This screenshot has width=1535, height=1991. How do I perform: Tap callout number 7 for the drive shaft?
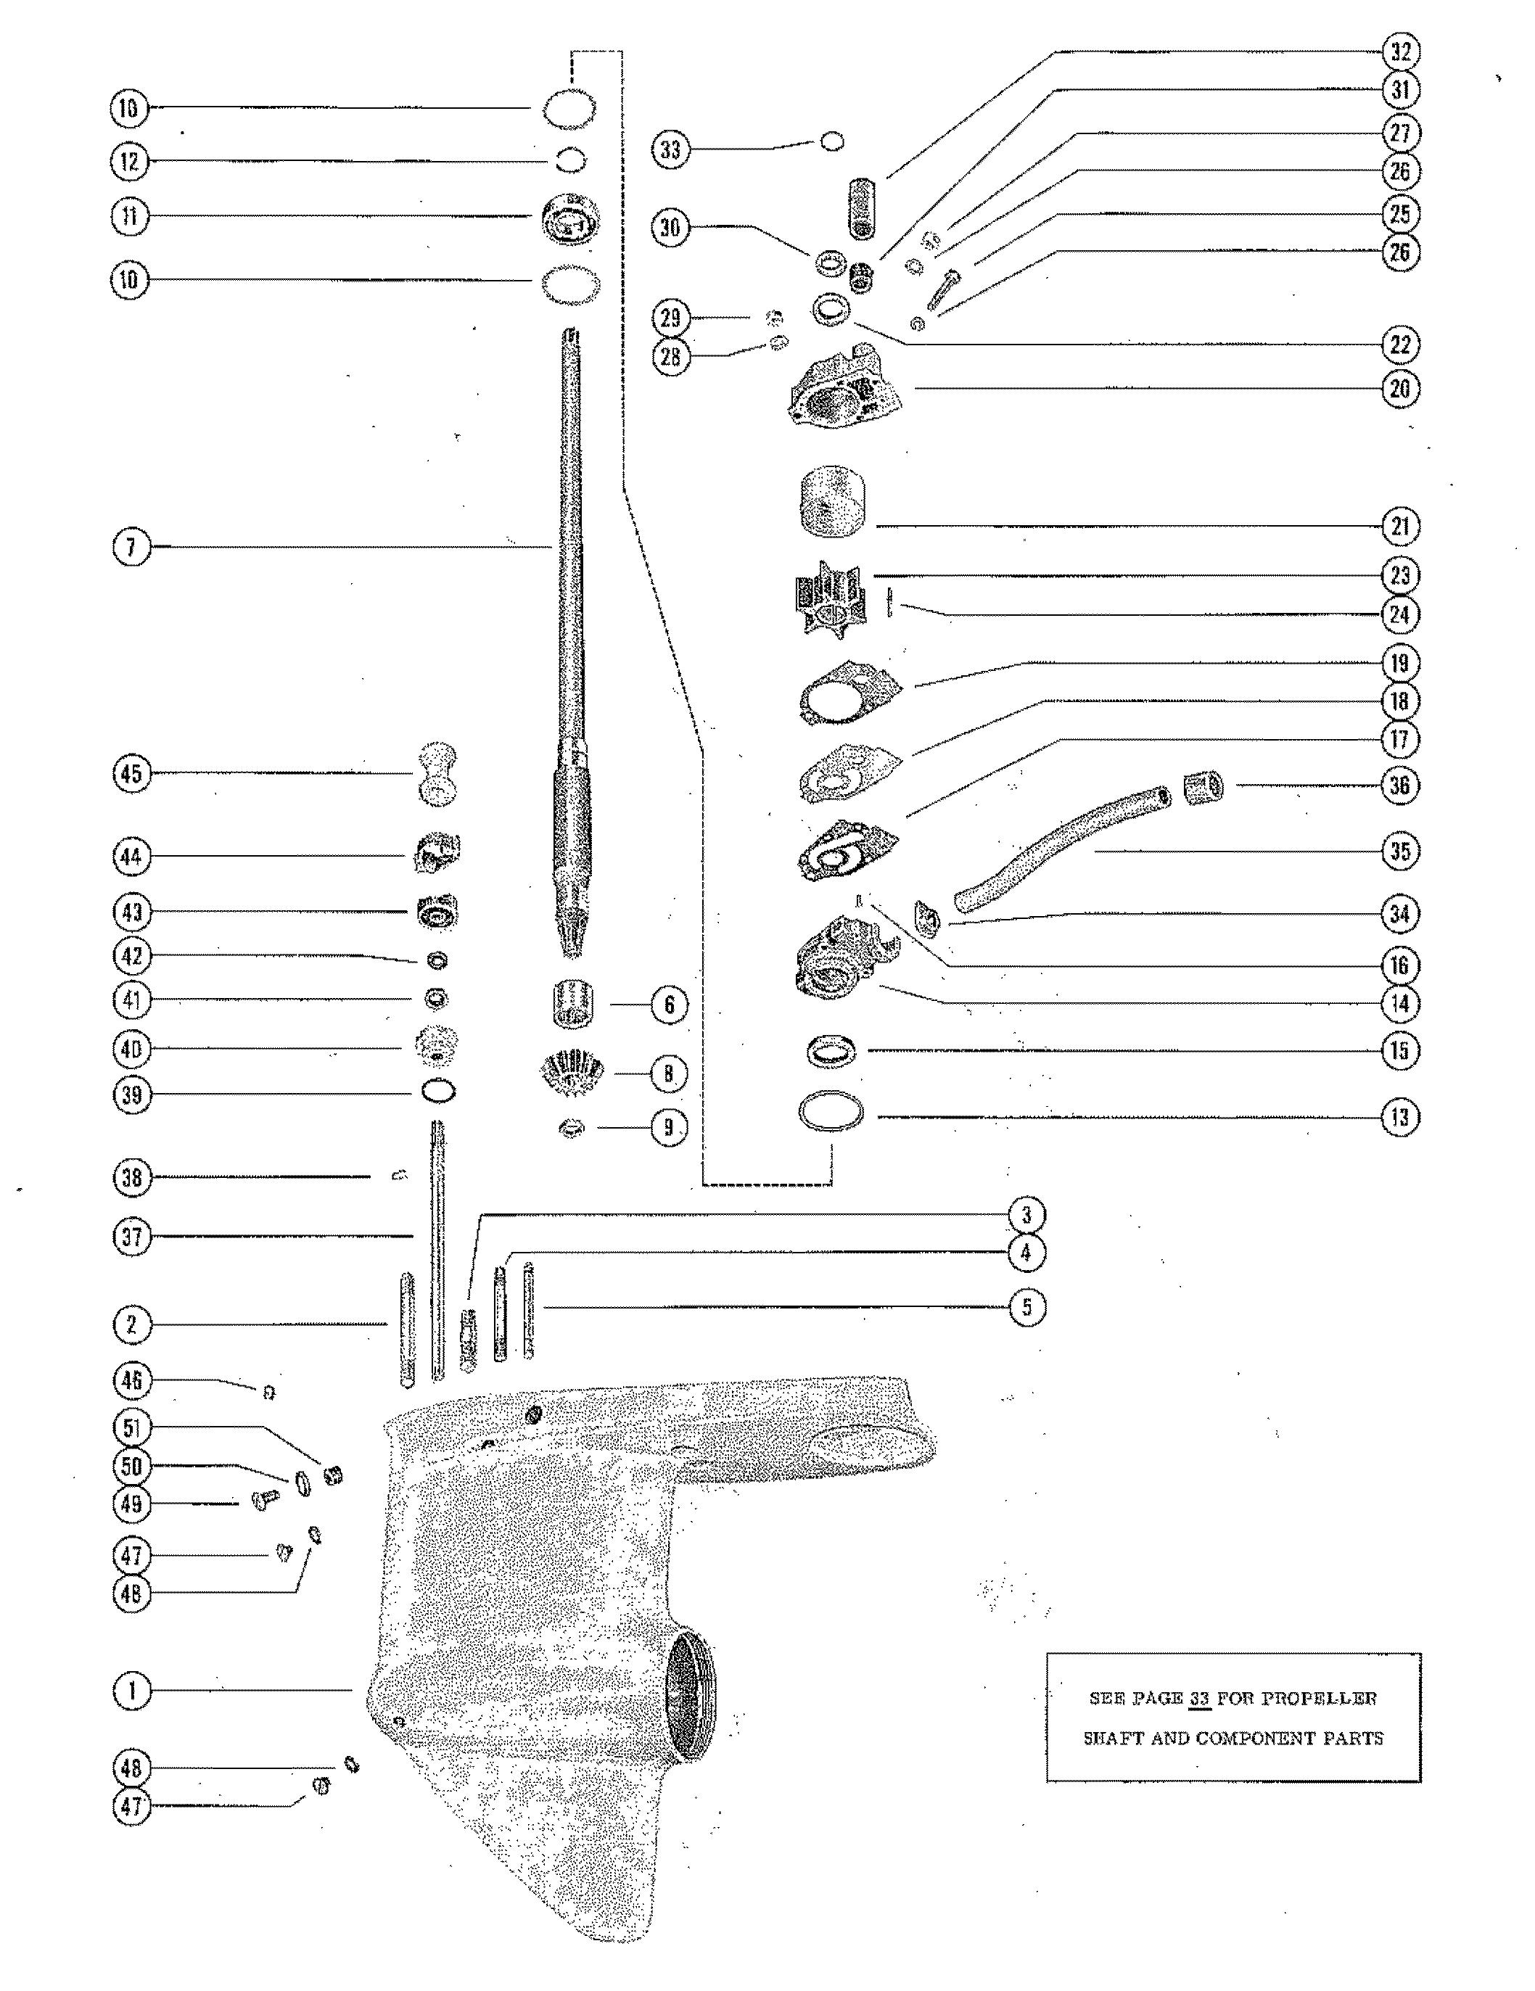pyautogui.click(x=131, y=547)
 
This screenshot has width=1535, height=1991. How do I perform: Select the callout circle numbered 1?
pyautogui.click(x=131, y=1691)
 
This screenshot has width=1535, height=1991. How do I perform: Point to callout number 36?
pyautogui.click(x=1399, y=785)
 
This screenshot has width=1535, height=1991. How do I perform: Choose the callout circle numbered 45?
pyautogui.click(x=131, y=773)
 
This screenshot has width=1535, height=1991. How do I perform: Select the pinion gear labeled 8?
pyautogui.click(x=572, y=1072)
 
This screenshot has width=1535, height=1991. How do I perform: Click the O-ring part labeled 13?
pyautogui.click(x=831, y=1114)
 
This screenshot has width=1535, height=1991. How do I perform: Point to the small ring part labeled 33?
pyautogui.click(x=832, y=141)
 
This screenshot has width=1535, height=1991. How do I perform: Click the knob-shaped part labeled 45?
pyautogui.click(x=437, y=773)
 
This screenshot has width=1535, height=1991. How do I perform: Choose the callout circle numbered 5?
pyautogui.click(x=1026, y=1307)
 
